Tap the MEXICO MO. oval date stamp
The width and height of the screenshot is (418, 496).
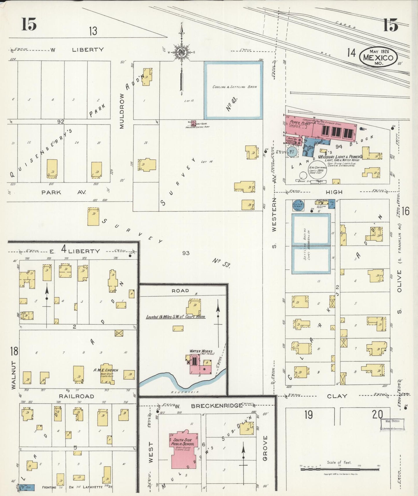click(378, 57)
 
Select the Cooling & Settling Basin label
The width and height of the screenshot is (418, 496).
click(234, 87)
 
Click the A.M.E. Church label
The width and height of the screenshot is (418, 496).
click(106, 370)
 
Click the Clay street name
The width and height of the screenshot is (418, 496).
click(337, 396)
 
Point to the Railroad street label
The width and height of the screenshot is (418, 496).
click(76, 396)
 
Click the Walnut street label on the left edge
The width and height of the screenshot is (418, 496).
click(14, 375)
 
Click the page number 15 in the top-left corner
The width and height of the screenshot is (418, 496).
click(29, 24)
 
